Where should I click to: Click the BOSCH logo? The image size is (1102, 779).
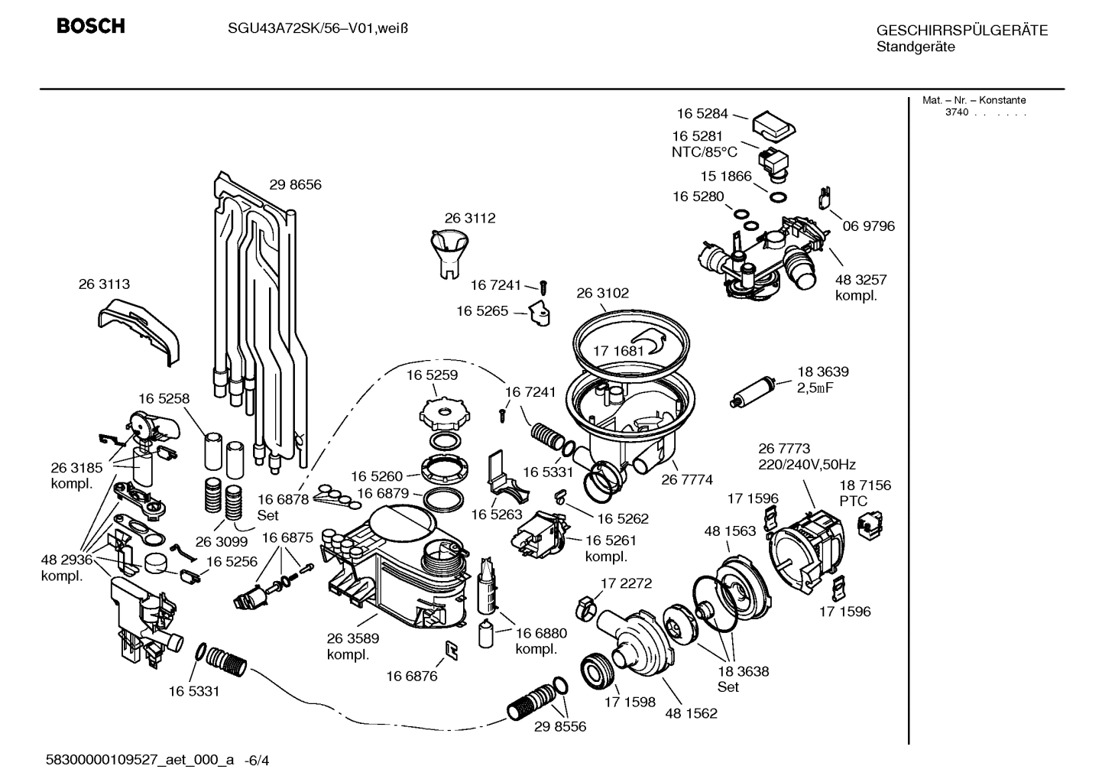pyautogui.click(x=90, y=27)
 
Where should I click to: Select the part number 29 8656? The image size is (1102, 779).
pyautogui.click(x=295, y=184)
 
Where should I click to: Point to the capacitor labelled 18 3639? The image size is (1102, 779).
pyautogui.click(x=755, y=391)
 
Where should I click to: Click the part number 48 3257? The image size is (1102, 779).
pyautogui.click(x=861, y=280)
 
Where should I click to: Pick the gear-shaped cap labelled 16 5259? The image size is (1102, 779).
pyautogui.click(x=442, y=412)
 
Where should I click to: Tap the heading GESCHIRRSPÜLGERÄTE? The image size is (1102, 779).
pyautogui.click(x=961, y=31)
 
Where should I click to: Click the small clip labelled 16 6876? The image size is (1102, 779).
pyautogui.click(x=452, y=650)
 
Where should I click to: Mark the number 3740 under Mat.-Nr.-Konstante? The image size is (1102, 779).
pyautogui.click(x=956, y=112)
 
